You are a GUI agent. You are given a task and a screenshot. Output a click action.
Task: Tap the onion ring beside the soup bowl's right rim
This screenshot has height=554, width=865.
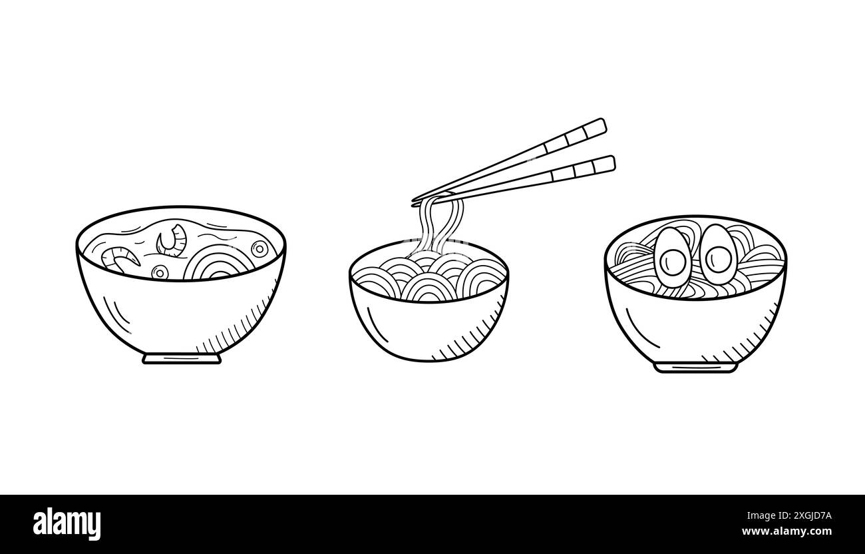coord(260,248)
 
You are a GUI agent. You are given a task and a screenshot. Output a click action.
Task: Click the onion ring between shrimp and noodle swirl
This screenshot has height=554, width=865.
coord(159,271)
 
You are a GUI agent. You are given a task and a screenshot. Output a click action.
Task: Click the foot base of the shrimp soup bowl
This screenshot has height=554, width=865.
coord(182,358)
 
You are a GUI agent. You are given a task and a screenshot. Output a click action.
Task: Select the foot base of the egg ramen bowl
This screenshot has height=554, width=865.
coord(695,366)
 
